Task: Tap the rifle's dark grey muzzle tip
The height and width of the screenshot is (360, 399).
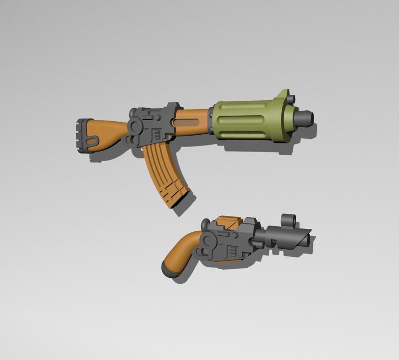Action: pyautogui.click(x=305, y=118)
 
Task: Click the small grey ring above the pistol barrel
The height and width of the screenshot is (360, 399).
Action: pyautogui.click(x=289, y=219)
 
